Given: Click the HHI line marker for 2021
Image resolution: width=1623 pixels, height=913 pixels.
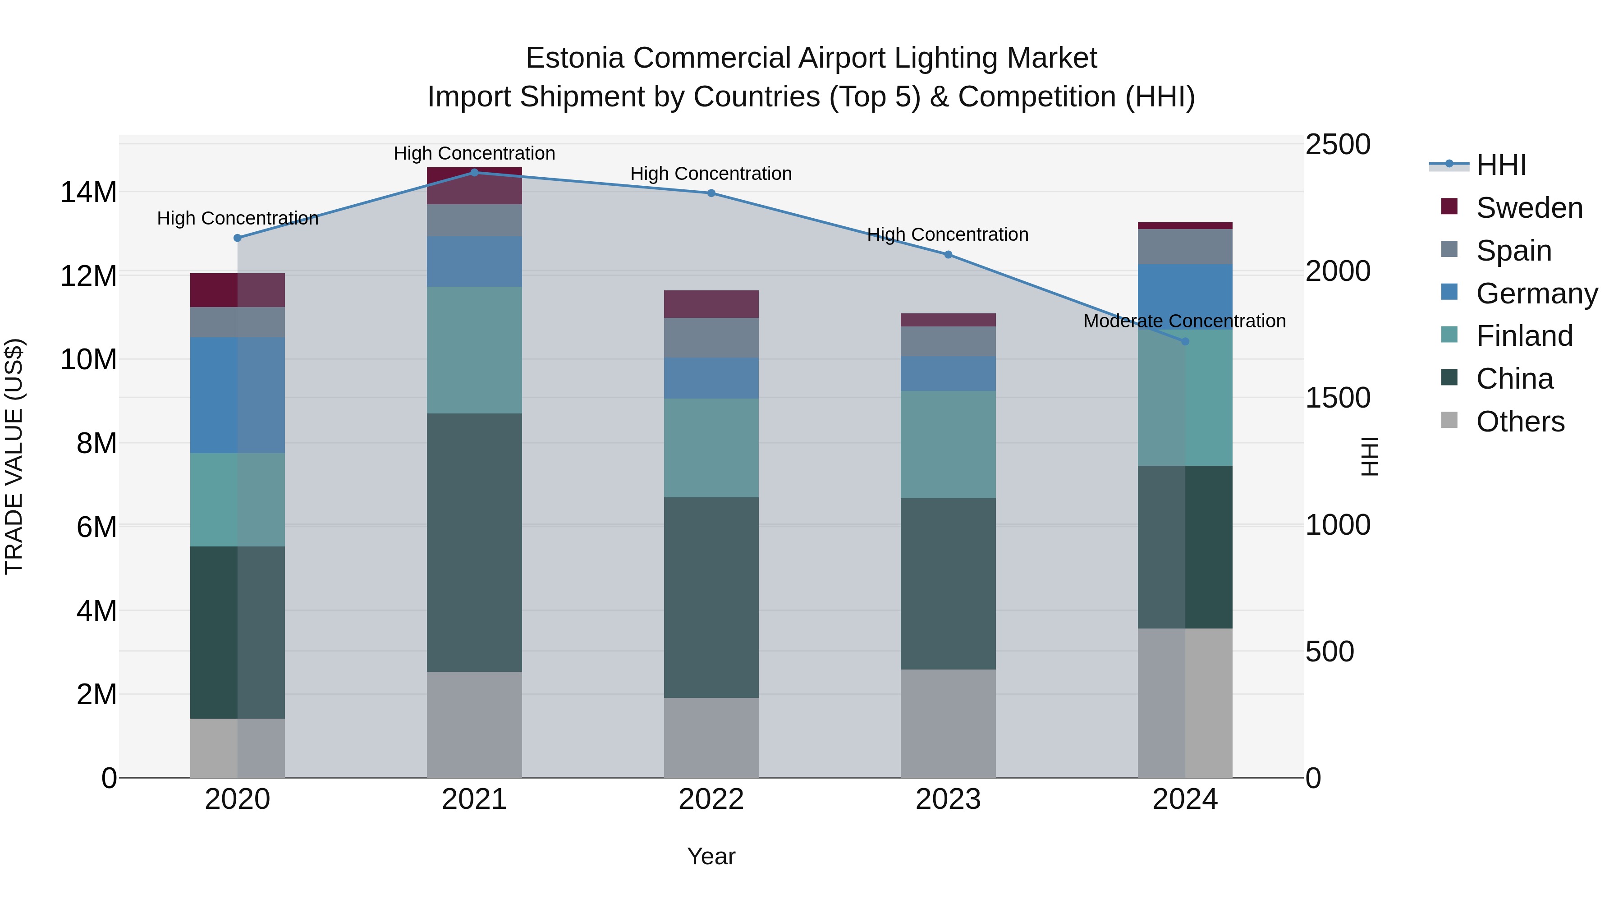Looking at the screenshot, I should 474,172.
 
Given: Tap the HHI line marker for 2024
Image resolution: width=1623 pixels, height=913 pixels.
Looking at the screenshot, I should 1185,341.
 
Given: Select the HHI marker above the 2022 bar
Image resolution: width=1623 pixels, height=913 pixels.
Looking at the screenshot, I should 711,193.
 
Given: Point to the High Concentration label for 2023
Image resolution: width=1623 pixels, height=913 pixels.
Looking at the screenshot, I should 948,234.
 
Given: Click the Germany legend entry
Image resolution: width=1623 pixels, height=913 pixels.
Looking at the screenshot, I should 1536,294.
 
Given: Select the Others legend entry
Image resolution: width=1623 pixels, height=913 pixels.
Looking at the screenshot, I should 1520,422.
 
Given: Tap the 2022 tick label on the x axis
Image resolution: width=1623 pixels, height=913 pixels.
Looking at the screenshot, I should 711,799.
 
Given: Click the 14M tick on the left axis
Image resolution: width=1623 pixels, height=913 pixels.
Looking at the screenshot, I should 88,192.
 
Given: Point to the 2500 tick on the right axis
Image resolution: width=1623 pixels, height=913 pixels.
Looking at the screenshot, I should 1338,144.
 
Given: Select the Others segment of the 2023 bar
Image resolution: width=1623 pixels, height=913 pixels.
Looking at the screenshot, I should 948,723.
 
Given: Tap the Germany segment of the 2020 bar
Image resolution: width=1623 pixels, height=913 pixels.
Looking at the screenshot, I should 238,395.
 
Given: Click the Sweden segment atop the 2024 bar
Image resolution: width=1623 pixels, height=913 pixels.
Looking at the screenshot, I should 1185,225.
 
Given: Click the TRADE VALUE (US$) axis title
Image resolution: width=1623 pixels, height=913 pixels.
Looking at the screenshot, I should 14,456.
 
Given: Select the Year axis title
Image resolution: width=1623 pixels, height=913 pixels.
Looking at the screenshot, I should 711,856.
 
